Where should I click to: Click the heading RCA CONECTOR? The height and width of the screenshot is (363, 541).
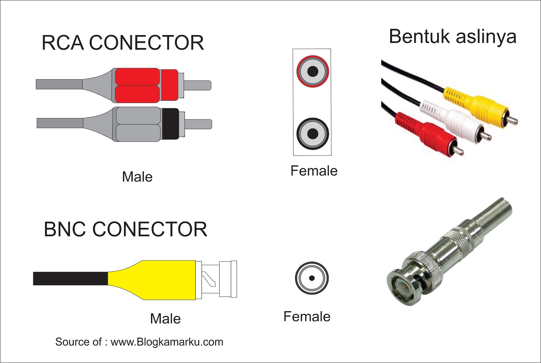[x=123, y=43]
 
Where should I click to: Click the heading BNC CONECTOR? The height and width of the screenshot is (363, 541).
[x=125, y=229]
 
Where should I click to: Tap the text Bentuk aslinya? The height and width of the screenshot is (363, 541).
[x=452, y=36]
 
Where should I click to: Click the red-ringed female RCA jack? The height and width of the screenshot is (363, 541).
[x=312, y=72]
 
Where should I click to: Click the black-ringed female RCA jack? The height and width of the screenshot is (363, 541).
[x=312, y=134]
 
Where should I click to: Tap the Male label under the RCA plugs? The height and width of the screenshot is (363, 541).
[x=137, y=177]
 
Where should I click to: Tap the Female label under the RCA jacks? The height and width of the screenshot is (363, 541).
[x=314, y=171]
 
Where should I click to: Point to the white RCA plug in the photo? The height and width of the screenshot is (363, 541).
[x=453, y=121]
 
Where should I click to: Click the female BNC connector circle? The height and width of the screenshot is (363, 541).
[x=312, y=278]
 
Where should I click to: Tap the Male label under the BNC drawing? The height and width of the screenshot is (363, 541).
[x=165, y=318]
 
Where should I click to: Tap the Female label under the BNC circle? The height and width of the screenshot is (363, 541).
[x=307, y=316]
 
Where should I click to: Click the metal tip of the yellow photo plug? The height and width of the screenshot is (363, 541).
[x=512, y=120]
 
